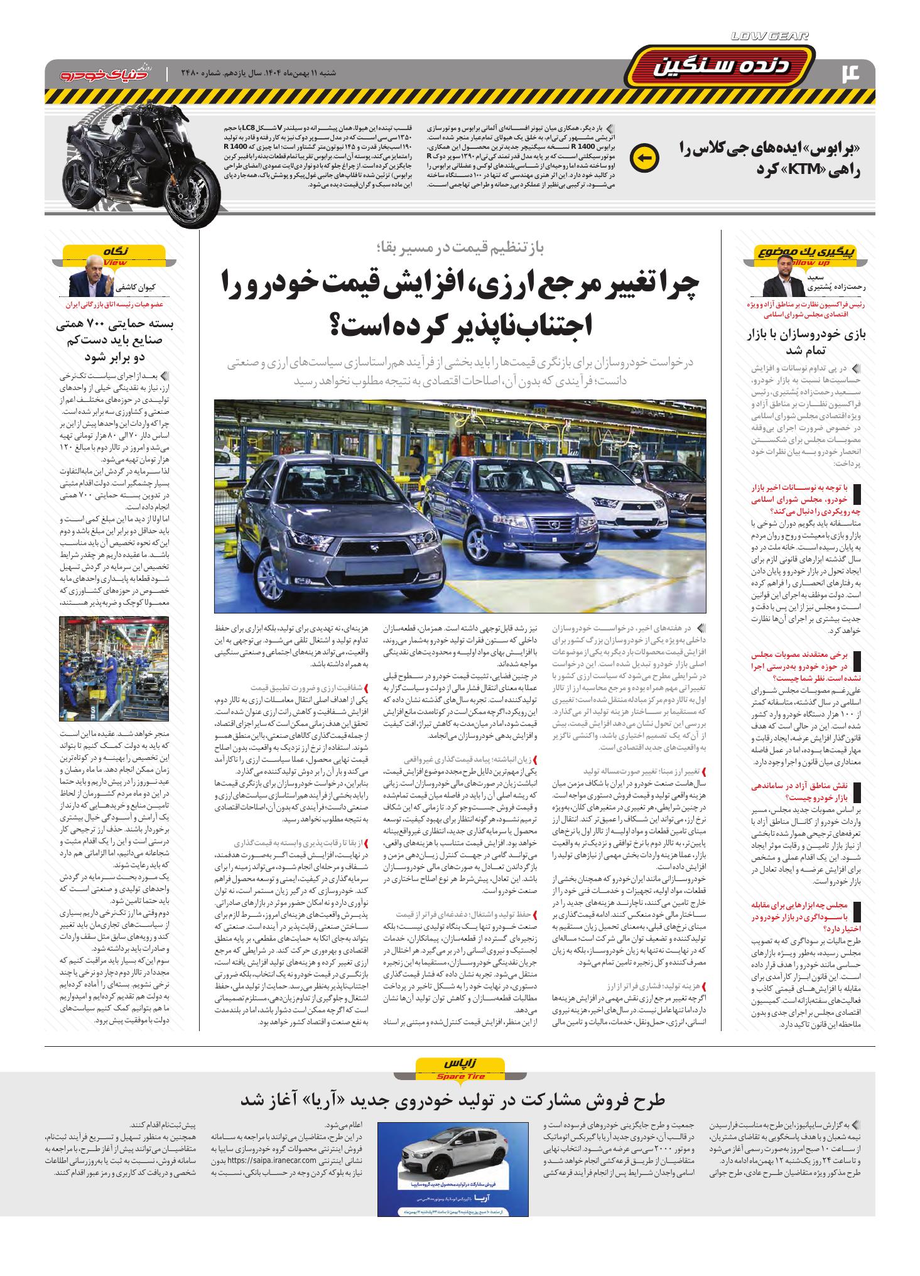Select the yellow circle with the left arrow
643,158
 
